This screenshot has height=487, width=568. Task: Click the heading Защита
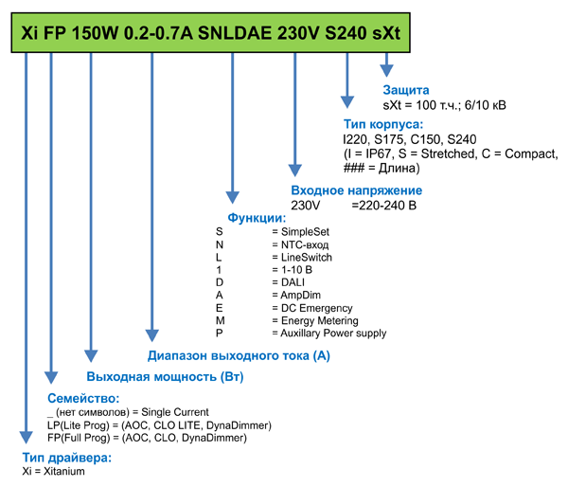click(x=408, y=89)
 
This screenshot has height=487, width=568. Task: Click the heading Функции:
click(x=257, y=218)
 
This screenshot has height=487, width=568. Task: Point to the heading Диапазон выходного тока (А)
click(x=239, y=356)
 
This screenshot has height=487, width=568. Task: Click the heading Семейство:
click(x=83, y=399)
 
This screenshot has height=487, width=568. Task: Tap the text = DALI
click(x=287, y=282)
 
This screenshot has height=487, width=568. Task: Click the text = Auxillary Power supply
click(x=328, y=334)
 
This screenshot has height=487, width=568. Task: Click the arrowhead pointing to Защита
click(x=387, y=70)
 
